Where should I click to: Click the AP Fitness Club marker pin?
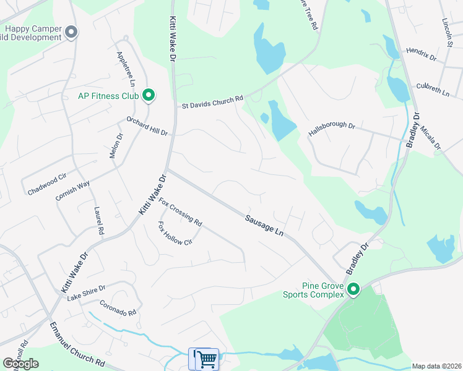149,95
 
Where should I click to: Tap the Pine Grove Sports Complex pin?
353,289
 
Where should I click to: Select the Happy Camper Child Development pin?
71,32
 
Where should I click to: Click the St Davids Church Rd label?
212,102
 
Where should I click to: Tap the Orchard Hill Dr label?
147,126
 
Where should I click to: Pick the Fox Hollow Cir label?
175,233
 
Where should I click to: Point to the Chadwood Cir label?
47,185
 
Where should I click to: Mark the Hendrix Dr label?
421,54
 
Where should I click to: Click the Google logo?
20,364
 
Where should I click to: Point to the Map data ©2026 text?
436,366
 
